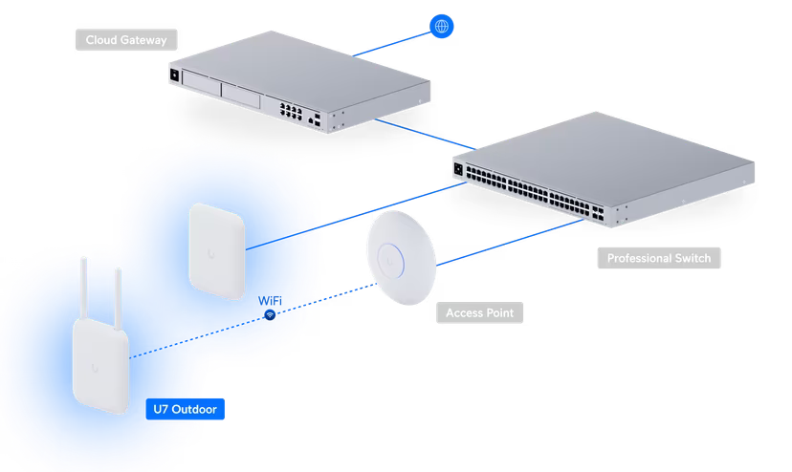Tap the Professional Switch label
[657, 258]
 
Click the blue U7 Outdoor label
[186, 409]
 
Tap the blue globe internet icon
[441, 26]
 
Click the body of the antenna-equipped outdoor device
[100, 368]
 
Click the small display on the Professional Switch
[459, 169]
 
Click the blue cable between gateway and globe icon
[392, 43]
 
